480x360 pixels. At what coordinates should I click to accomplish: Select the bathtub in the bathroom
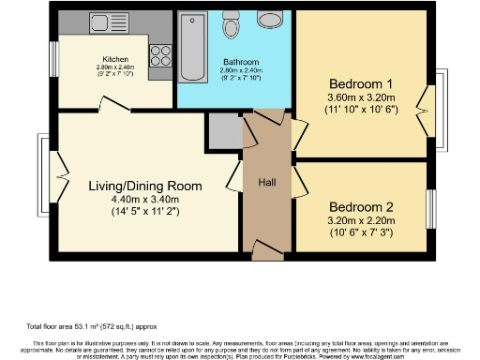[195, 46]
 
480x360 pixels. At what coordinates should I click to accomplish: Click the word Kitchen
[115, 58]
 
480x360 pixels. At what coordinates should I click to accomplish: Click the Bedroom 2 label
[360, 206]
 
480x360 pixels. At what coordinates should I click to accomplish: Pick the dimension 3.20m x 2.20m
[360, 220]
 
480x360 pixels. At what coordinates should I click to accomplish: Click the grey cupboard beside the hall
[225, 132]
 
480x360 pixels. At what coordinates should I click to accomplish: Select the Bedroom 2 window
[432, 207]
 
